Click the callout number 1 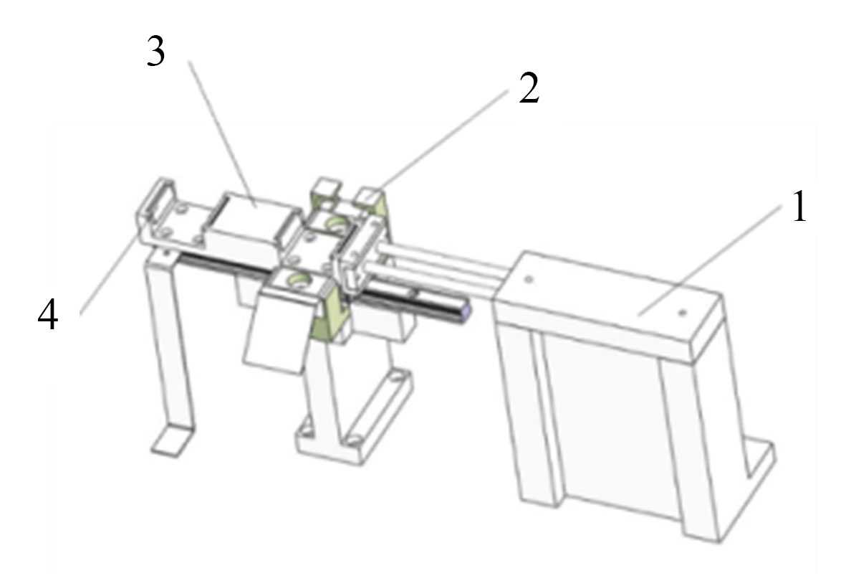(x=799, y=207)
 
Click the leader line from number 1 (x=711, y=259)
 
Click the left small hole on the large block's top (x=529, y=279)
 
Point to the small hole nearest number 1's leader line (x=682, y=312)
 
